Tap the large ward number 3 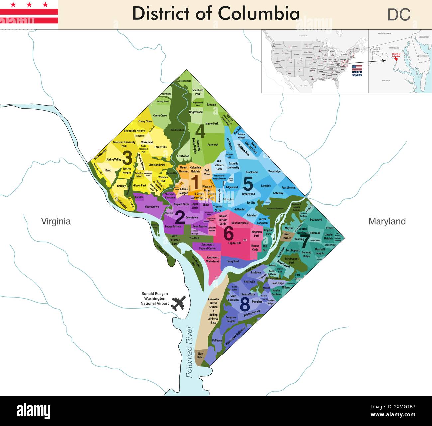(127, 158)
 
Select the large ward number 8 (245, 304)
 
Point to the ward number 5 (248, 183)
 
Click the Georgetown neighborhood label (152, 207)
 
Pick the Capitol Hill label (234, 243)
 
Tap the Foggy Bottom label (173, 226)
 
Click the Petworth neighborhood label (213, 145)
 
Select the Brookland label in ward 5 (252, 172)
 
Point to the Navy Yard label (233, 261)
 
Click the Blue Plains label (200, 355)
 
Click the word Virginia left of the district (55, 221)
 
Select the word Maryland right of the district (387, 221)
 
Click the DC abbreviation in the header (399, 15)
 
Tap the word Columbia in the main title (259, 14)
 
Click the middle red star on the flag (29, 5)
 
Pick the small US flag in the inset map (357, 68)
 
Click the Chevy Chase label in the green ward (160, 116)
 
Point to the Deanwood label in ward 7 (316, 220)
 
